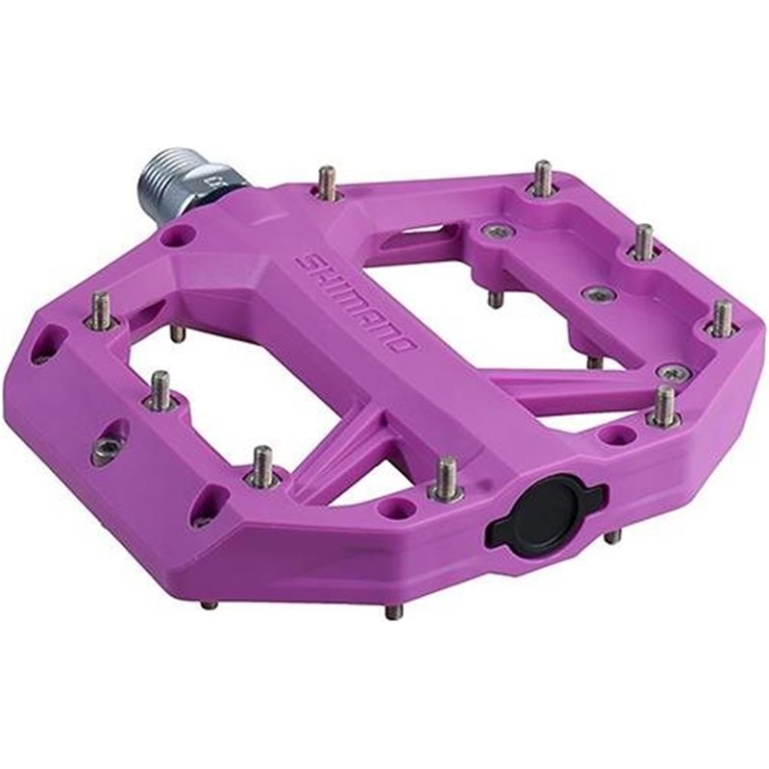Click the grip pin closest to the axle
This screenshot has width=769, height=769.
327,182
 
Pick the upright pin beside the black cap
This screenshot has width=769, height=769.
446,478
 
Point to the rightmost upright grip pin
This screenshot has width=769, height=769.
721,318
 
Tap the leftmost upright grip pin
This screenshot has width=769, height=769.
99,311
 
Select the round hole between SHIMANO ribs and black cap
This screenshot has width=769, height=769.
403,505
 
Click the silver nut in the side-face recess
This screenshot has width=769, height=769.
107,448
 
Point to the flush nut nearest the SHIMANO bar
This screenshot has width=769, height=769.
497,232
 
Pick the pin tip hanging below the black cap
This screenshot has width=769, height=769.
612,537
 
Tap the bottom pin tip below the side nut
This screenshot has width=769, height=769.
208,605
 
